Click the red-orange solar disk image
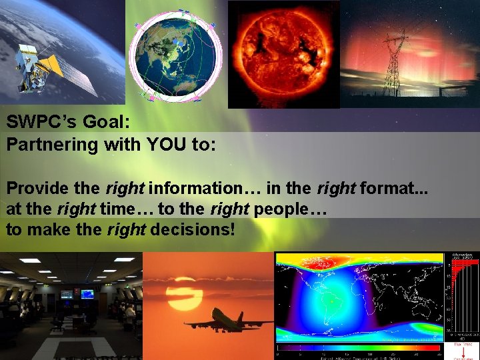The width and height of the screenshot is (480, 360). (283, 53)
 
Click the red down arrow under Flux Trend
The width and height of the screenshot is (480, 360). (465, 351)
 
